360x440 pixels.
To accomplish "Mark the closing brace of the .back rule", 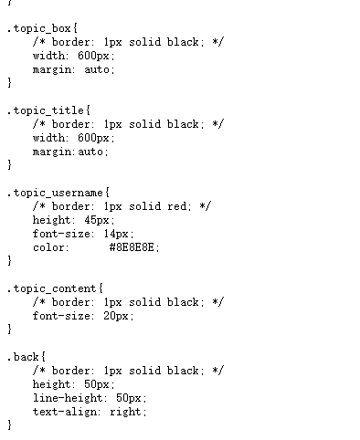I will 10,425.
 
